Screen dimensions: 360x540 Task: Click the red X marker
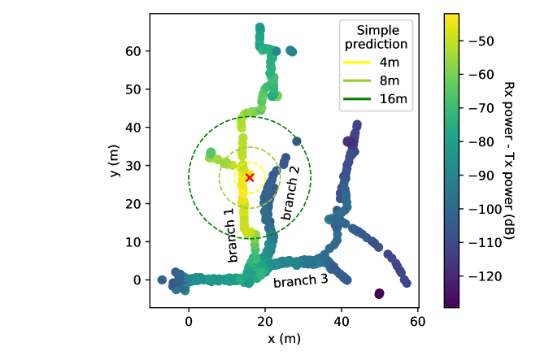[x=250, y=176]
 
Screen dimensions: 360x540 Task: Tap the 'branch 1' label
[x=232, y=235]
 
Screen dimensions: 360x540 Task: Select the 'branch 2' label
[x=290, y=193]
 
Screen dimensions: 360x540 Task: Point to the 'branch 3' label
[x=300, y=280]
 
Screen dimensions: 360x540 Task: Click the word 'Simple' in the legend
[x=376, y=30]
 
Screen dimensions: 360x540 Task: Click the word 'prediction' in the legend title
[x=376, y=44]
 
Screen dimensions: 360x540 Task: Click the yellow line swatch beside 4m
[x=357, y=62]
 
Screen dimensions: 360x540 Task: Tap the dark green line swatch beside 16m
[x=357, y=99]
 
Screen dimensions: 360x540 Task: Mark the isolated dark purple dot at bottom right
[x=379, y=293]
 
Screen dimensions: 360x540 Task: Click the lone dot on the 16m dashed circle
[x=298, y=140]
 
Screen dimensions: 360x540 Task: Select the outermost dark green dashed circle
[x=189, y=177]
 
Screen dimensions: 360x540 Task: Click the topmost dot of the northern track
[x=259, y=28]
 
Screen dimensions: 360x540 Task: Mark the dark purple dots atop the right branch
[x=351, y=142]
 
